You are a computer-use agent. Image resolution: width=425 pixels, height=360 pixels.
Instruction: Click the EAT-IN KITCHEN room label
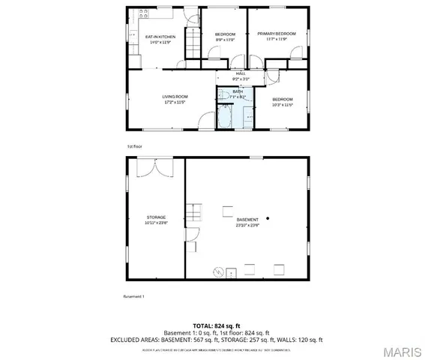[x=160, y=37]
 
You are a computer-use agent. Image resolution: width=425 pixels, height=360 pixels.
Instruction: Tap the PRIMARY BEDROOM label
[x=277, y=34]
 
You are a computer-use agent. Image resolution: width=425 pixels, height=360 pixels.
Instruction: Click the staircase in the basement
[x=194, y=213]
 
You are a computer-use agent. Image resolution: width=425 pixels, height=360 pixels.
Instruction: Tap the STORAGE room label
[x=156, y=217]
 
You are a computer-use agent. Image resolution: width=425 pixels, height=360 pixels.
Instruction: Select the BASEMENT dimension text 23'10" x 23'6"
[x=247, y=223]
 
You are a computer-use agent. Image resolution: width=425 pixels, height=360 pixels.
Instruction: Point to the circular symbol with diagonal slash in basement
[x=219, y=271]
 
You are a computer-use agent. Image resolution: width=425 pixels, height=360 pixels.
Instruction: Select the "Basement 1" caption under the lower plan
[x=133, y=296]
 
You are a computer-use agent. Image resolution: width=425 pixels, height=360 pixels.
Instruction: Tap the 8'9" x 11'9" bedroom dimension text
[x=225, y=40]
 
